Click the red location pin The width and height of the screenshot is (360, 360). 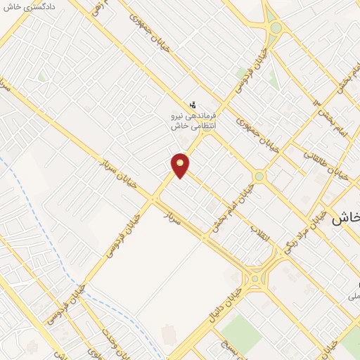181,165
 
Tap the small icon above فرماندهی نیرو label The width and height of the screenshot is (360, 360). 193,104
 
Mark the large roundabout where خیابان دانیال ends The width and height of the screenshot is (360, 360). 262,270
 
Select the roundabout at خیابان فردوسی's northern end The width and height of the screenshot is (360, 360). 276,29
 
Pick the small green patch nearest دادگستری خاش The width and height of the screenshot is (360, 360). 41,76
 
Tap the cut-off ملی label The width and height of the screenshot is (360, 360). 354,297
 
